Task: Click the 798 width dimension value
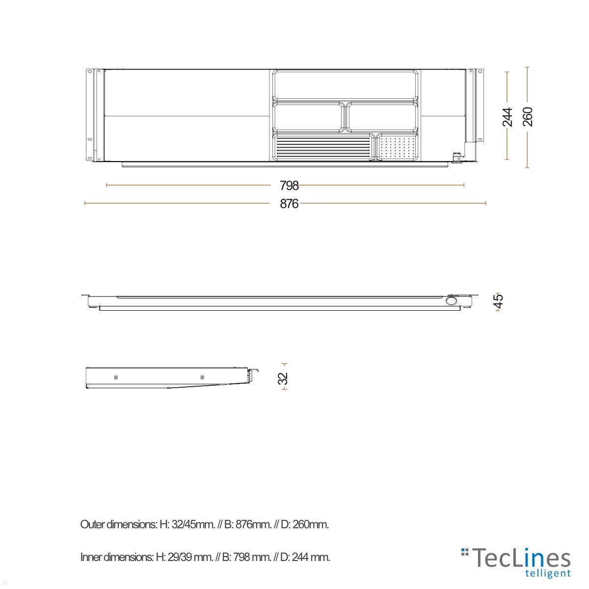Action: (x=289, y=186)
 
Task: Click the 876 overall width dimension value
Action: (x=289, y=204)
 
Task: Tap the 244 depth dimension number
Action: (x=508, y=117)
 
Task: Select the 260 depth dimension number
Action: (x=527, y=117)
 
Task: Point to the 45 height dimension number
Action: (x=498, y=301)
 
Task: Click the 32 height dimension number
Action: (x=283, y=378)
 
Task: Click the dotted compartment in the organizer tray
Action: (x=398, y=147)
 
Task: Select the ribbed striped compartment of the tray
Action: (x=322, y=147)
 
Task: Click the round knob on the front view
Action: (x=452, y=301)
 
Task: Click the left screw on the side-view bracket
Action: (x=115, y=377)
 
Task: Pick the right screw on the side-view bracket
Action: (x=202, y=377)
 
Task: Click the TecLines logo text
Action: (x=523, y=559)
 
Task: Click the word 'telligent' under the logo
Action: (x=548, y=573)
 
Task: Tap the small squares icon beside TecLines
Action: (x=465, y=553)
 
